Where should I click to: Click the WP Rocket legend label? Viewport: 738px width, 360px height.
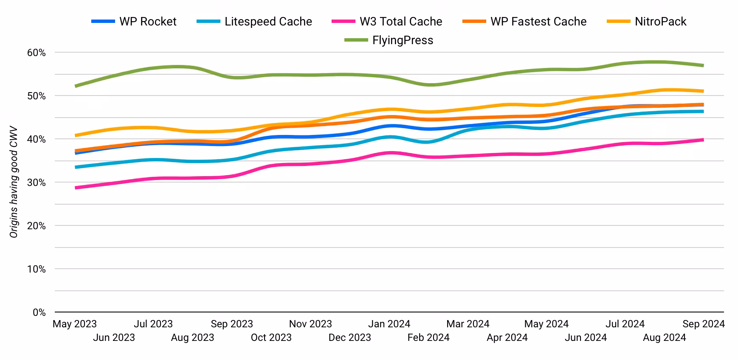(x=148, y=22)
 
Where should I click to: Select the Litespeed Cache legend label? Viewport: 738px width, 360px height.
(x=268, y=22)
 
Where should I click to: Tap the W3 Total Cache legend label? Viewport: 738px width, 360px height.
(x=401, y=22)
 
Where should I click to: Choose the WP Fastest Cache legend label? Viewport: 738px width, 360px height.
(x=538, y=22)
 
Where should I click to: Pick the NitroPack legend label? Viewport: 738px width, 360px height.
(x=660, y=22)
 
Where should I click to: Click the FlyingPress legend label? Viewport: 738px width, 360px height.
(x=403, y=40)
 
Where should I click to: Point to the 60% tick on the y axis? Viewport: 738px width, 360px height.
(x=37, y=53)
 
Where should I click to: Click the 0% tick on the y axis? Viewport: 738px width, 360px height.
(x=39, y=312)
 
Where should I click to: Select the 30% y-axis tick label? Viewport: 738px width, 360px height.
(x=37, y=183)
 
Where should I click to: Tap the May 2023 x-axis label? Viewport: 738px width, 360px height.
(x=75, y=324)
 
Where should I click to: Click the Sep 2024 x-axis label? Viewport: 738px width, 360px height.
(x=703, y=324)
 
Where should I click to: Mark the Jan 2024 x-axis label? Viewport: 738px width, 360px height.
(x=389, y=324)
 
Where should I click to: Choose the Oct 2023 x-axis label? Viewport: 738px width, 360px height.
(x=271, y=338)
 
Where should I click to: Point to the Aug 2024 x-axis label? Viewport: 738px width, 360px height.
(x=664, y=338)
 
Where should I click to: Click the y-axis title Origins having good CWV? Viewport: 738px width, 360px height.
(x=14, y=182)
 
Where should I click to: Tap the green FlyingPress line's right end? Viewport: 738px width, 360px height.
(x=703, y=65)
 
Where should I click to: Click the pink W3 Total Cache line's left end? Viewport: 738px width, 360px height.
(x=76, y=188)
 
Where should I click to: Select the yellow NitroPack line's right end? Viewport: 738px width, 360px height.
(x=703, y=91)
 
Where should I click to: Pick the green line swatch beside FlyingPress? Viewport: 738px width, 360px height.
(x=356, y=40)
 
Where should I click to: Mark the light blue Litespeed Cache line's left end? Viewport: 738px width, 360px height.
(x=76, y=167)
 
